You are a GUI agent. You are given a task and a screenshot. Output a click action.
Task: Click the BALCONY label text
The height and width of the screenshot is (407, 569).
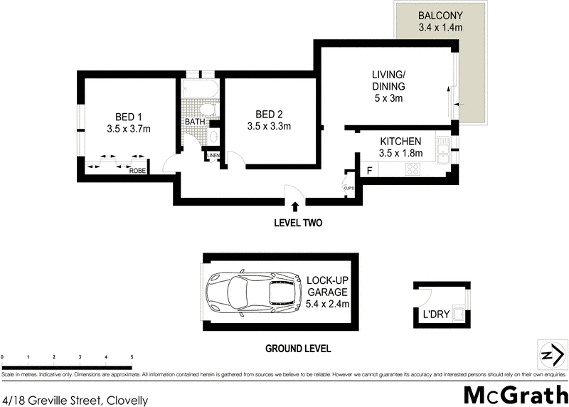coord(441,16)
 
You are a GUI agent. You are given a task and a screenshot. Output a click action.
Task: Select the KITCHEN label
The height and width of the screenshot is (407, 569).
coord(400,142)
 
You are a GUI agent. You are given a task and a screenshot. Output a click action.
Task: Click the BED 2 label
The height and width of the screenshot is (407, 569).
coord(270,115)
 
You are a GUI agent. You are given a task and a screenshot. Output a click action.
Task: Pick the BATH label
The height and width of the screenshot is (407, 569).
coord(195,122)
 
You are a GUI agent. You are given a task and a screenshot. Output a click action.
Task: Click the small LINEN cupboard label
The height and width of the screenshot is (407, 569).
coord(213,156)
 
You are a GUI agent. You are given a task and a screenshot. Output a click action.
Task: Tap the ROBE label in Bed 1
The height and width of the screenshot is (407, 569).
coord(137,171)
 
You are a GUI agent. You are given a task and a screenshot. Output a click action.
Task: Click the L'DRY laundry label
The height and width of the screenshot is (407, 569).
coord(435,314)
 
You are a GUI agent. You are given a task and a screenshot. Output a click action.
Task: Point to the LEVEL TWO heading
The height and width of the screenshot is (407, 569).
coord(298,223)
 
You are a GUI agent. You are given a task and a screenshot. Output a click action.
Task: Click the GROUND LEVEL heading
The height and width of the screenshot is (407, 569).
coord(298,349)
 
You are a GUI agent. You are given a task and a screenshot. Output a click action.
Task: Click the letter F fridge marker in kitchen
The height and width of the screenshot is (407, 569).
coord(369,170)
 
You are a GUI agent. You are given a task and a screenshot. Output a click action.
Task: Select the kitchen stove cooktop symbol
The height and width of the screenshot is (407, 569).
coord(413,169)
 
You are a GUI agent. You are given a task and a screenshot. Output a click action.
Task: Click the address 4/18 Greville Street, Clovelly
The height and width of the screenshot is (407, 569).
coord(75,401)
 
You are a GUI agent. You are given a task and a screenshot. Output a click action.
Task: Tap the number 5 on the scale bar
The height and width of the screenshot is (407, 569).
coord(132,356)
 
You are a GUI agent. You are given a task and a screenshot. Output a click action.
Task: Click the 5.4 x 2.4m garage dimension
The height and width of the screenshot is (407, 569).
coord(328,303)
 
